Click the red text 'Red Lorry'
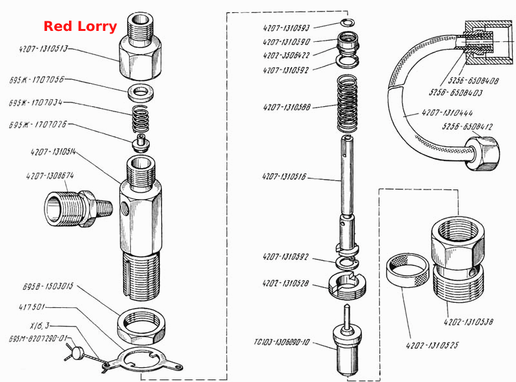pyautogui.click(x=80, y=26)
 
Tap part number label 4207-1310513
pyautogui.click(x=43, y=49)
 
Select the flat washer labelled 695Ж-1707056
pyautogui.click(x=141, y=93)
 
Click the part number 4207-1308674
pyautogui.click(x=50, y=176)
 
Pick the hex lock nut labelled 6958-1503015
pyautogui.click(x=141, y=327)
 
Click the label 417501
pyautogui.click(x=31, y=307)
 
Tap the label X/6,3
pyautogui.click(x=39, y=326)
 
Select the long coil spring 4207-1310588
pyautogui.click(x=348, y=104)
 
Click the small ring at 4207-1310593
pyautogui.click(x=348, y=23)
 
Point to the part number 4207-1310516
pyautogui.click(x=284, y=177)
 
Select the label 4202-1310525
pyautogui.click(x=432, y=345)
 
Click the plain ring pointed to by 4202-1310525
pyautogui.click(x=408, y=269)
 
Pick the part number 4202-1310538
pyautogui.click(x=468, y=321)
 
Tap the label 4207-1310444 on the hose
pyautogui.click(x=447, y=113)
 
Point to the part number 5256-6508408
pyautogui.click(x=473, y=81)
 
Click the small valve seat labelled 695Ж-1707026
pyautogui.click(x=141, y=143)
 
